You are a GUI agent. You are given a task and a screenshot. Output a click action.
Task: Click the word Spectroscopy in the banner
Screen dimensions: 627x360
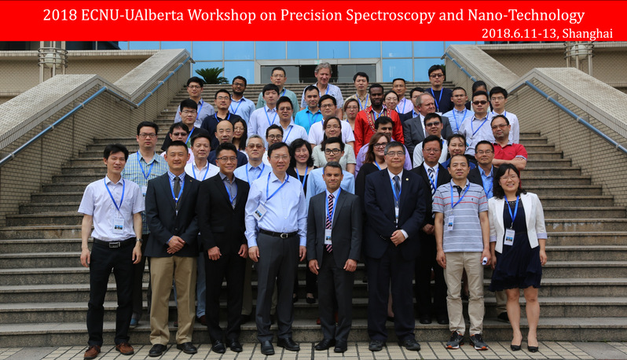coord(390,16)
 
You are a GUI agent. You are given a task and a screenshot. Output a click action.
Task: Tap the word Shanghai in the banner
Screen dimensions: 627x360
coord(587,34)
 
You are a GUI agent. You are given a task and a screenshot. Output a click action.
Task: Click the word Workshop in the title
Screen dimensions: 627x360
coord(222,16)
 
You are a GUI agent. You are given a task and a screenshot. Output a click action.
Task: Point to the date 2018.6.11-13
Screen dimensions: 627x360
coord(519,33)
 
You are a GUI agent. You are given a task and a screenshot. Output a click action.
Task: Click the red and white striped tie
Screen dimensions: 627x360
coord(330,222)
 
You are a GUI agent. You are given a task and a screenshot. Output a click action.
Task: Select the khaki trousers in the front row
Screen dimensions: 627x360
coord(173,299)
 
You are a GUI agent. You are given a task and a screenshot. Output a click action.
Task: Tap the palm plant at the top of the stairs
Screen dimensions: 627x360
coord(211,75)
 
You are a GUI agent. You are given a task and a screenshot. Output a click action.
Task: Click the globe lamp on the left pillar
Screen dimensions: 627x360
coord(52,60)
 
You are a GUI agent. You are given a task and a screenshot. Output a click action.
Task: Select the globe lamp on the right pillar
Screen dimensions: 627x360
coord(578,52)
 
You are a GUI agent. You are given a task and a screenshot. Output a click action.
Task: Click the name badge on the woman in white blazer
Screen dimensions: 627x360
coord(508,237)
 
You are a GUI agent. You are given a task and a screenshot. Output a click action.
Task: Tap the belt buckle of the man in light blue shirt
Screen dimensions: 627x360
coord(283,235)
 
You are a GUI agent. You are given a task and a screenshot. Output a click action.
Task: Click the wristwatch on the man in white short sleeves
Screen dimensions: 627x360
coord(139,241)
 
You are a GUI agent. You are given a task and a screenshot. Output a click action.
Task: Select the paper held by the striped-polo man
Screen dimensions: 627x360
coord(485,261)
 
